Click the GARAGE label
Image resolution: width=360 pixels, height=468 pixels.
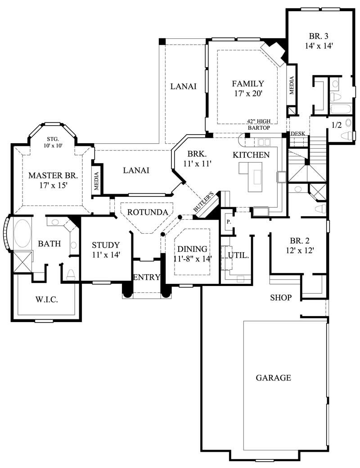pos(273,378)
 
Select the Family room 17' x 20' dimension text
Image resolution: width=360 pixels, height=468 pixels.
pos(247,94)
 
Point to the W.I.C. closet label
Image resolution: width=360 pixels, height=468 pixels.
pos(46,300)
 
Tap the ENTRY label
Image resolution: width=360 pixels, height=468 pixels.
pos(146,277)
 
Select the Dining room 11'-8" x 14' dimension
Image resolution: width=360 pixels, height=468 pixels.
pos(192,259)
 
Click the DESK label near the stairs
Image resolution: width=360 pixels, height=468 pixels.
pos(298,134)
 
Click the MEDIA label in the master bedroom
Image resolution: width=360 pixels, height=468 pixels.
pos(96,179)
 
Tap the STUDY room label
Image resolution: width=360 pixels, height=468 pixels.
pos(106,245)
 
